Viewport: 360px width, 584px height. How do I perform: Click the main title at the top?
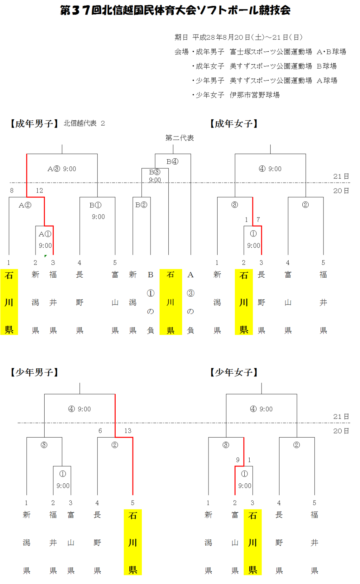click(x=175, y=10)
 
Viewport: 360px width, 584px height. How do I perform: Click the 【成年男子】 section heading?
click(x=34, y=123)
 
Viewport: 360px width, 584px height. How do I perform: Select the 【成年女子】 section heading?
click(x=234, y=123)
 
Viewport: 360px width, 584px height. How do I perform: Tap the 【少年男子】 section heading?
click(x=34, y=372)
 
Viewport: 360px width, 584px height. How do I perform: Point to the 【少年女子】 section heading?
click(x=234, y=372)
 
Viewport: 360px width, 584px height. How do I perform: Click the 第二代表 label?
click(x=180, y=138)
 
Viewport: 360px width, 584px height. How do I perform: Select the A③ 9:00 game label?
click(x=62, y=169)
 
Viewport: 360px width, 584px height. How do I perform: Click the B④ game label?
click(x=172, y=161)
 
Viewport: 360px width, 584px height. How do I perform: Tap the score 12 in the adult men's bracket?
click(x=39, y=191)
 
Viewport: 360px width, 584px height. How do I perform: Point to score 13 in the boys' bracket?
click(x=128, y=431)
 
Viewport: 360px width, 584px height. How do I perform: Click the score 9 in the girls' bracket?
click(x=238, y=460)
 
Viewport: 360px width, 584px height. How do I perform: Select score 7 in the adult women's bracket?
click(x=258, y=220)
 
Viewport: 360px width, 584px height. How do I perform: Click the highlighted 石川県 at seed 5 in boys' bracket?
click(x=133, y=542)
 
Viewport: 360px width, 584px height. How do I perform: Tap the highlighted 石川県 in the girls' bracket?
click(x=252, y=542)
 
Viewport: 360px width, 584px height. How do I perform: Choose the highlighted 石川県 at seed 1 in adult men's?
click(x=9, y=302)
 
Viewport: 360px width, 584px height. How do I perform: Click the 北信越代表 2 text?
click(x=84, y=123)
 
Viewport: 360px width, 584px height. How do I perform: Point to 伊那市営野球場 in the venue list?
click(x=255, y=95)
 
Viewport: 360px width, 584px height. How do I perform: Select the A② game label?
click(x=25, y=205)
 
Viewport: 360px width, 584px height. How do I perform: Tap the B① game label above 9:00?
click(x=95, y=205)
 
